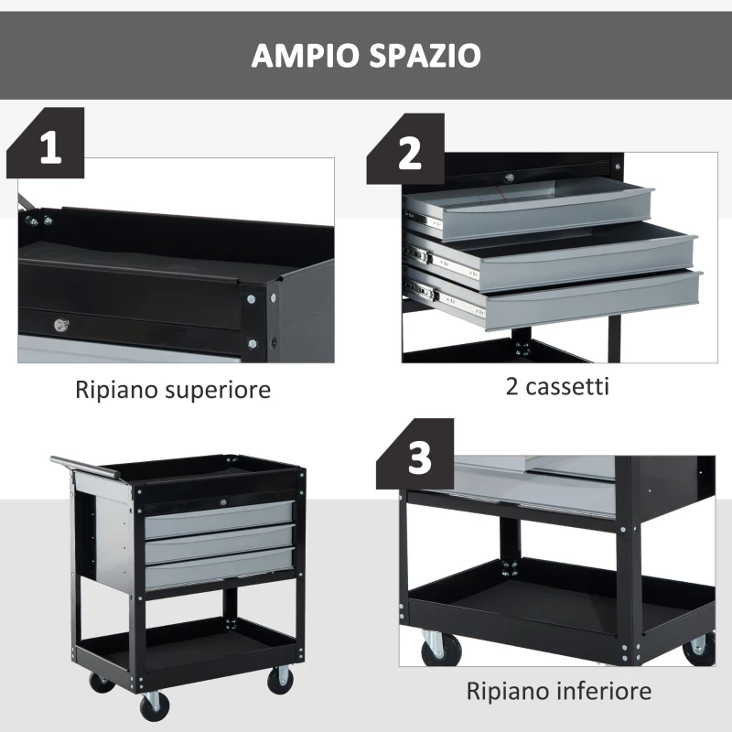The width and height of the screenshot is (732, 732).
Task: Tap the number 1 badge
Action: (51, 146)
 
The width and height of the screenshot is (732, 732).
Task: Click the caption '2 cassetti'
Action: (557, 386)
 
